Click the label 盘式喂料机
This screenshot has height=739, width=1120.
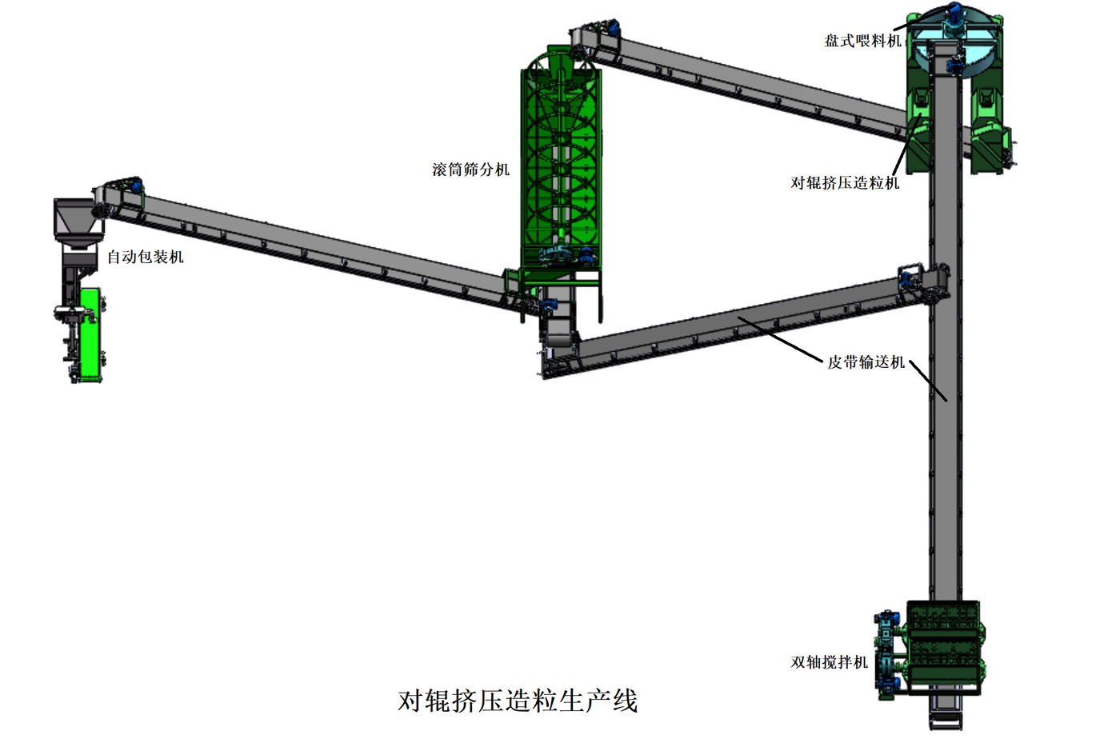tap(862, 41)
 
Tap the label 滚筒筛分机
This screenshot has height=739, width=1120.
tap(470, 170)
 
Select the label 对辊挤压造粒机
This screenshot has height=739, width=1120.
tap(845, 183)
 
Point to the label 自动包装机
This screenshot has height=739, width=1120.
tap(146, 257)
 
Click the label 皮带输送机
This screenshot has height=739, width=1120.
tap(866, 362)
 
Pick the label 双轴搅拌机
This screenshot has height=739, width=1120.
tap(830, 662)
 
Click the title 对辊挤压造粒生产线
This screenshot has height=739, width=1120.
tap(518, 701)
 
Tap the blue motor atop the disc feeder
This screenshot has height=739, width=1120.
tap(954, 14)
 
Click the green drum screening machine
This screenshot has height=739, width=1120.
tap(561, 160)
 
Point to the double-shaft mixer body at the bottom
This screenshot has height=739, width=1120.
tap(944, 644)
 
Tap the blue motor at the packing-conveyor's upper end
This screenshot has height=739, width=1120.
tap(137, 186)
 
